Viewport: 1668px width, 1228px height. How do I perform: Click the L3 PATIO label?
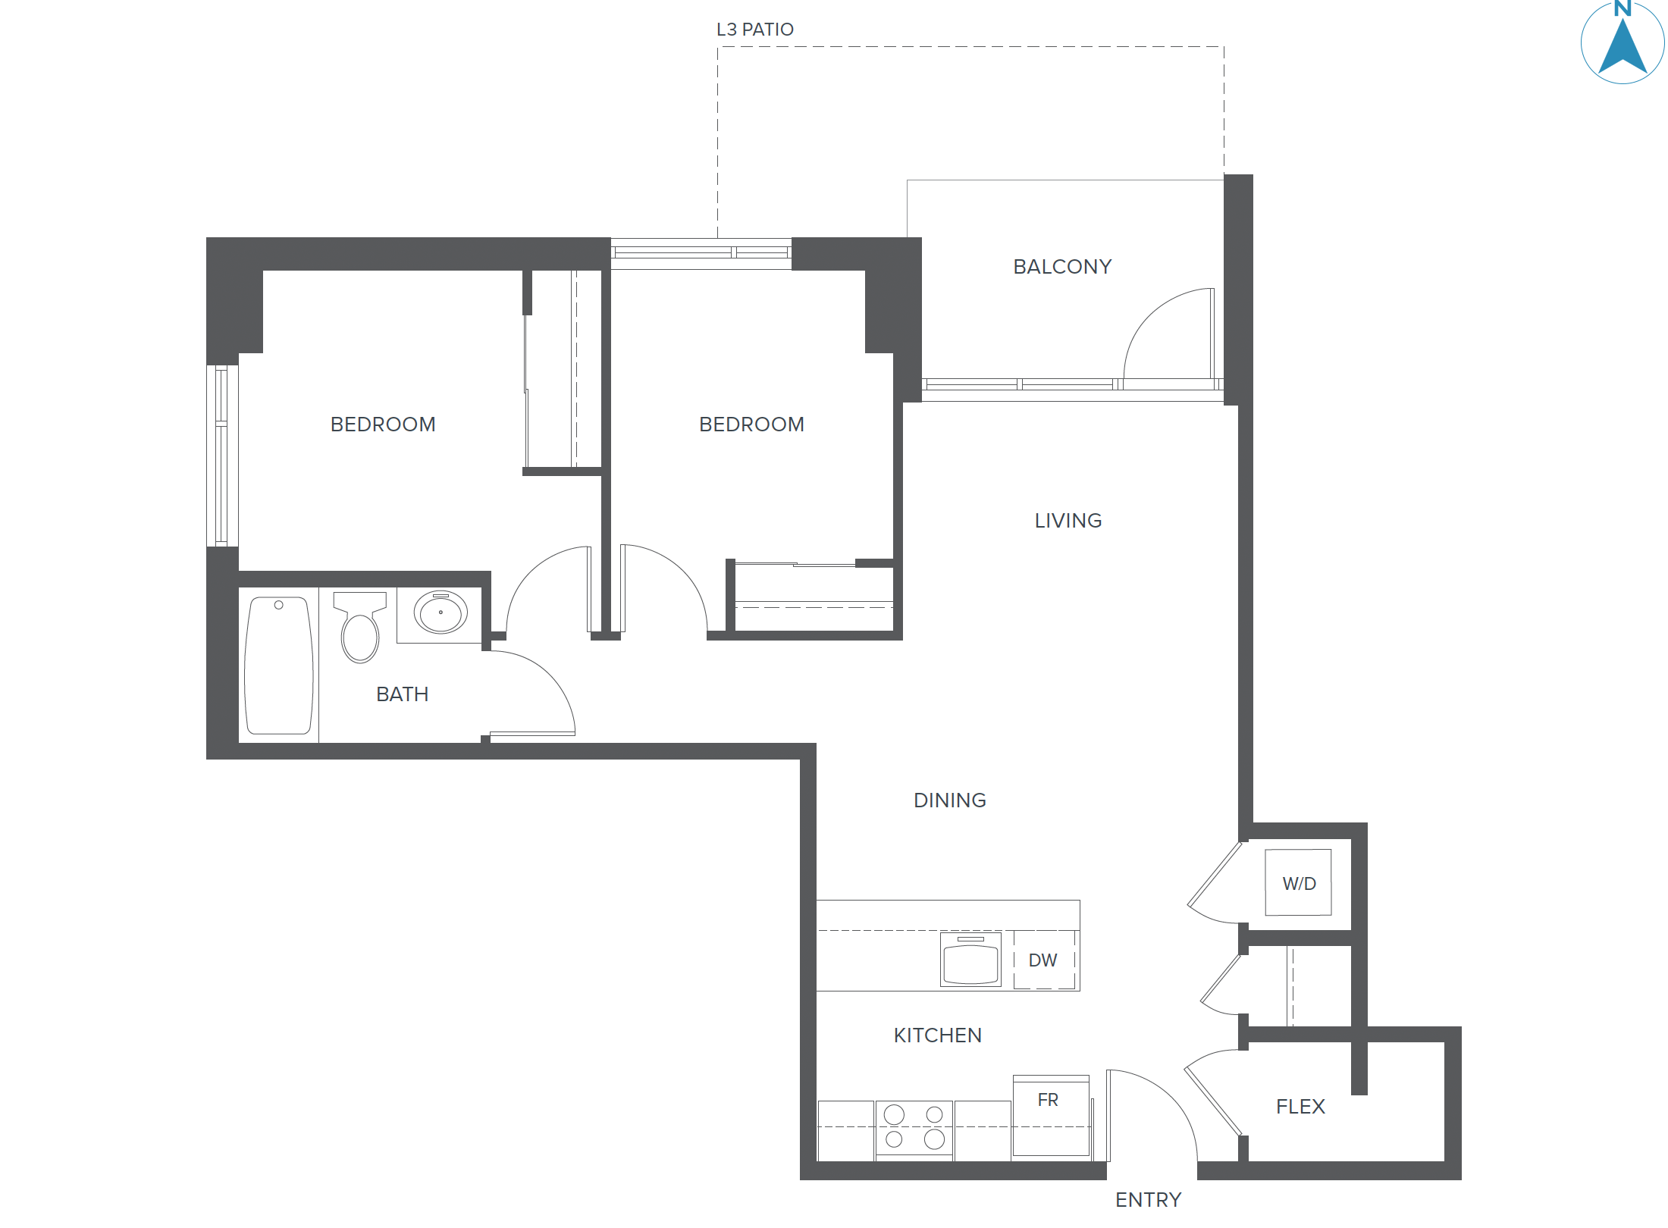click(754, 30)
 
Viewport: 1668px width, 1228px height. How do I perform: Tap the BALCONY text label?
click(1061, 267)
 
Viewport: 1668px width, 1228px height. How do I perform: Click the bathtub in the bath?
click(279, 666)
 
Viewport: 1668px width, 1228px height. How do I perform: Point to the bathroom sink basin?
click(441, 612)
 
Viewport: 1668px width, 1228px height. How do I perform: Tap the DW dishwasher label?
click(1042, 960)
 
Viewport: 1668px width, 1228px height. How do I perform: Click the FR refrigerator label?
click(1048, 1100)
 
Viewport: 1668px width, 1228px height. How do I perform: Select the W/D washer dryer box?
click(1298, 883)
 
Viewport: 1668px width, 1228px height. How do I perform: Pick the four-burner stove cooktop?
click(914, 1127)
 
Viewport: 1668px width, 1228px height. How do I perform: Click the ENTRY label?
click(1148, 1200)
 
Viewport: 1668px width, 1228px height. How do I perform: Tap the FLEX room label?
click(1300, 1107)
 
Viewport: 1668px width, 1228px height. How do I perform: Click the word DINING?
click(949, 800)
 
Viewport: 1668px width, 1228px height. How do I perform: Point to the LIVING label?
click(1068, 521)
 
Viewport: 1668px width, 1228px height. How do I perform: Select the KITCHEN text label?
click(937, 1035)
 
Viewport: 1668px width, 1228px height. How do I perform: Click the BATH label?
click(402, 694)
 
